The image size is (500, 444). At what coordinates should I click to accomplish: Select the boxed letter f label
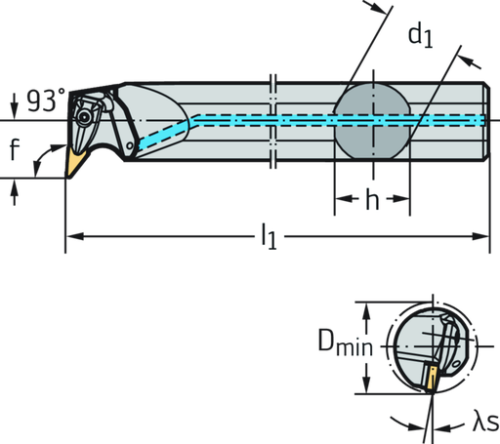pos(13,150)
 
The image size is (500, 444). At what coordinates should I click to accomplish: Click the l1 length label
pos(269,236)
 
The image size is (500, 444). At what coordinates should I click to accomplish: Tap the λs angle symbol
pos(483,423)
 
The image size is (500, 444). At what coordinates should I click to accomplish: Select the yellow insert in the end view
pos(429,379)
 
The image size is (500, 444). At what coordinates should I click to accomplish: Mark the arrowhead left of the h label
pos(341,203)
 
